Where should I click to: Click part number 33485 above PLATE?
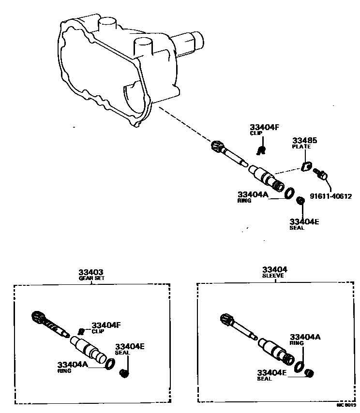click(304, 140)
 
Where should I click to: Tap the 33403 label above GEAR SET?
click(91, 272)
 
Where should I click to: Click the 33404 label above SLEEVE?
click(275, 269)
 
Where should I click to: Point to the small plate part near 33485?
click(305, 167)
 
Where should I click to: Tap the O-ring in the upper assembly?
click(289, 192)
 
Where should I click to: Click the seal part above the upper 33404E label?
click(300, 200)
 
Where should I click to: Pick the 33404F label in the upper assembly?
click(265, 127)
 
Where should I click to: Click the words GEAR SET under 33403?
click(91, 279)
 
